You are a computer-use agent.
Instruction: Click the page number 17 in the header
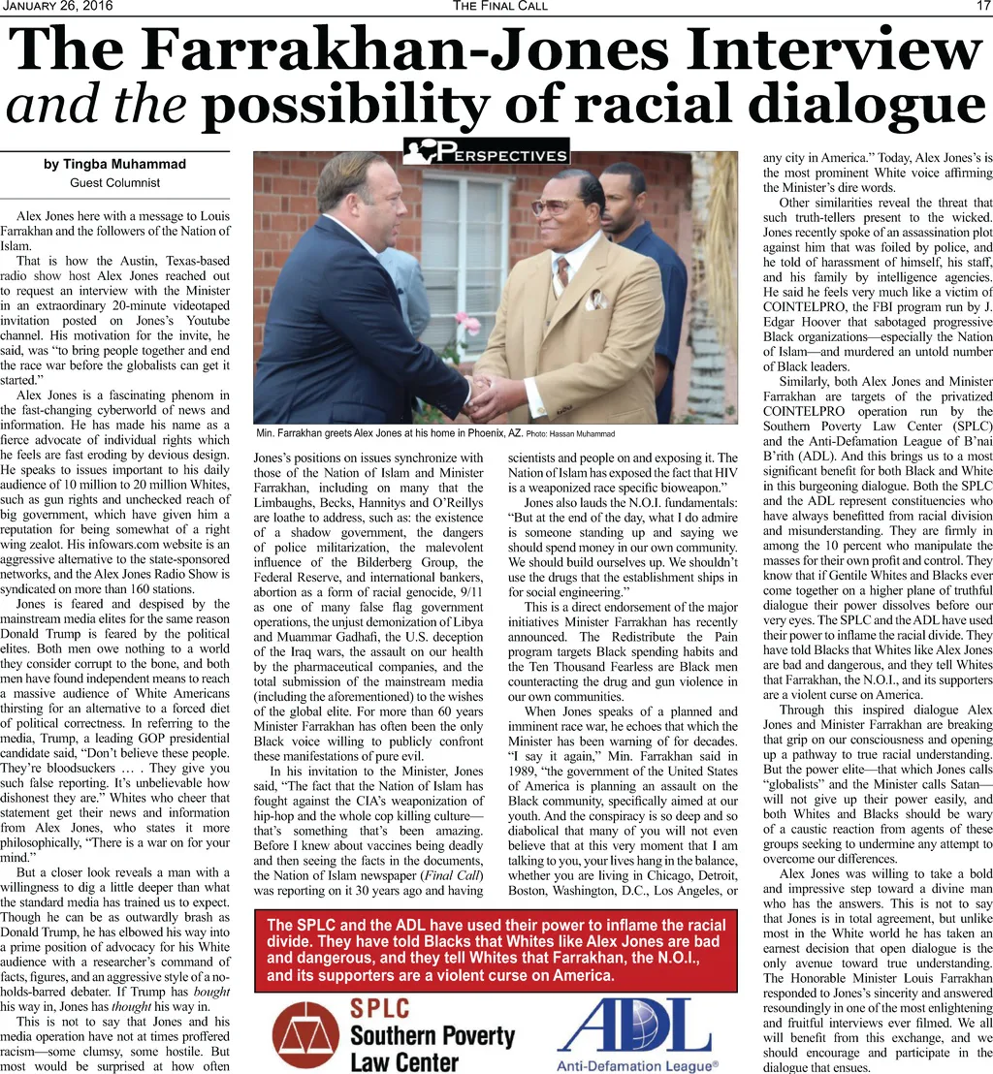point(981,7)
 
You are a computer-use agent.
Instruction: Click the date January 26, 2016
point(58,7)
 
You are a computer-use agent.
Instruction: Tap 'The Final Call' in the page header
point(499,7)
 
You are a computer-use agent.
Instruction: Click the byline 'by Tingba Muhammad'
point(114,164)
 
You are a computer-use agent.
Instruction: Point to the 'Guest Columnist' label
point(114,182)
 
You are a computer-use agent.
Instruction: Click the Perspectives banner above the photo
point(486,152)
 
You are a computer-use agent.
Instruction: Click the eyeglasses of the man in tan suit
point(552,205)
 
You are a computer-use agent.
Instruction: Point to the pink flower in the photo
point(467,322)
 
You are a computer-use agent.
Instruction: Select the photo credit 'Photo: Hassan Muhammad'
point(571,432)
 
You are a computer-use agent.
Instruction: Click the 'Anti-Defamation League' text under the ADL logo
point(636,1065)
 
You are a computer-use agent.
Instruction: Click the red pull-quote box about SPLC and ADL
point(496,950)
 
